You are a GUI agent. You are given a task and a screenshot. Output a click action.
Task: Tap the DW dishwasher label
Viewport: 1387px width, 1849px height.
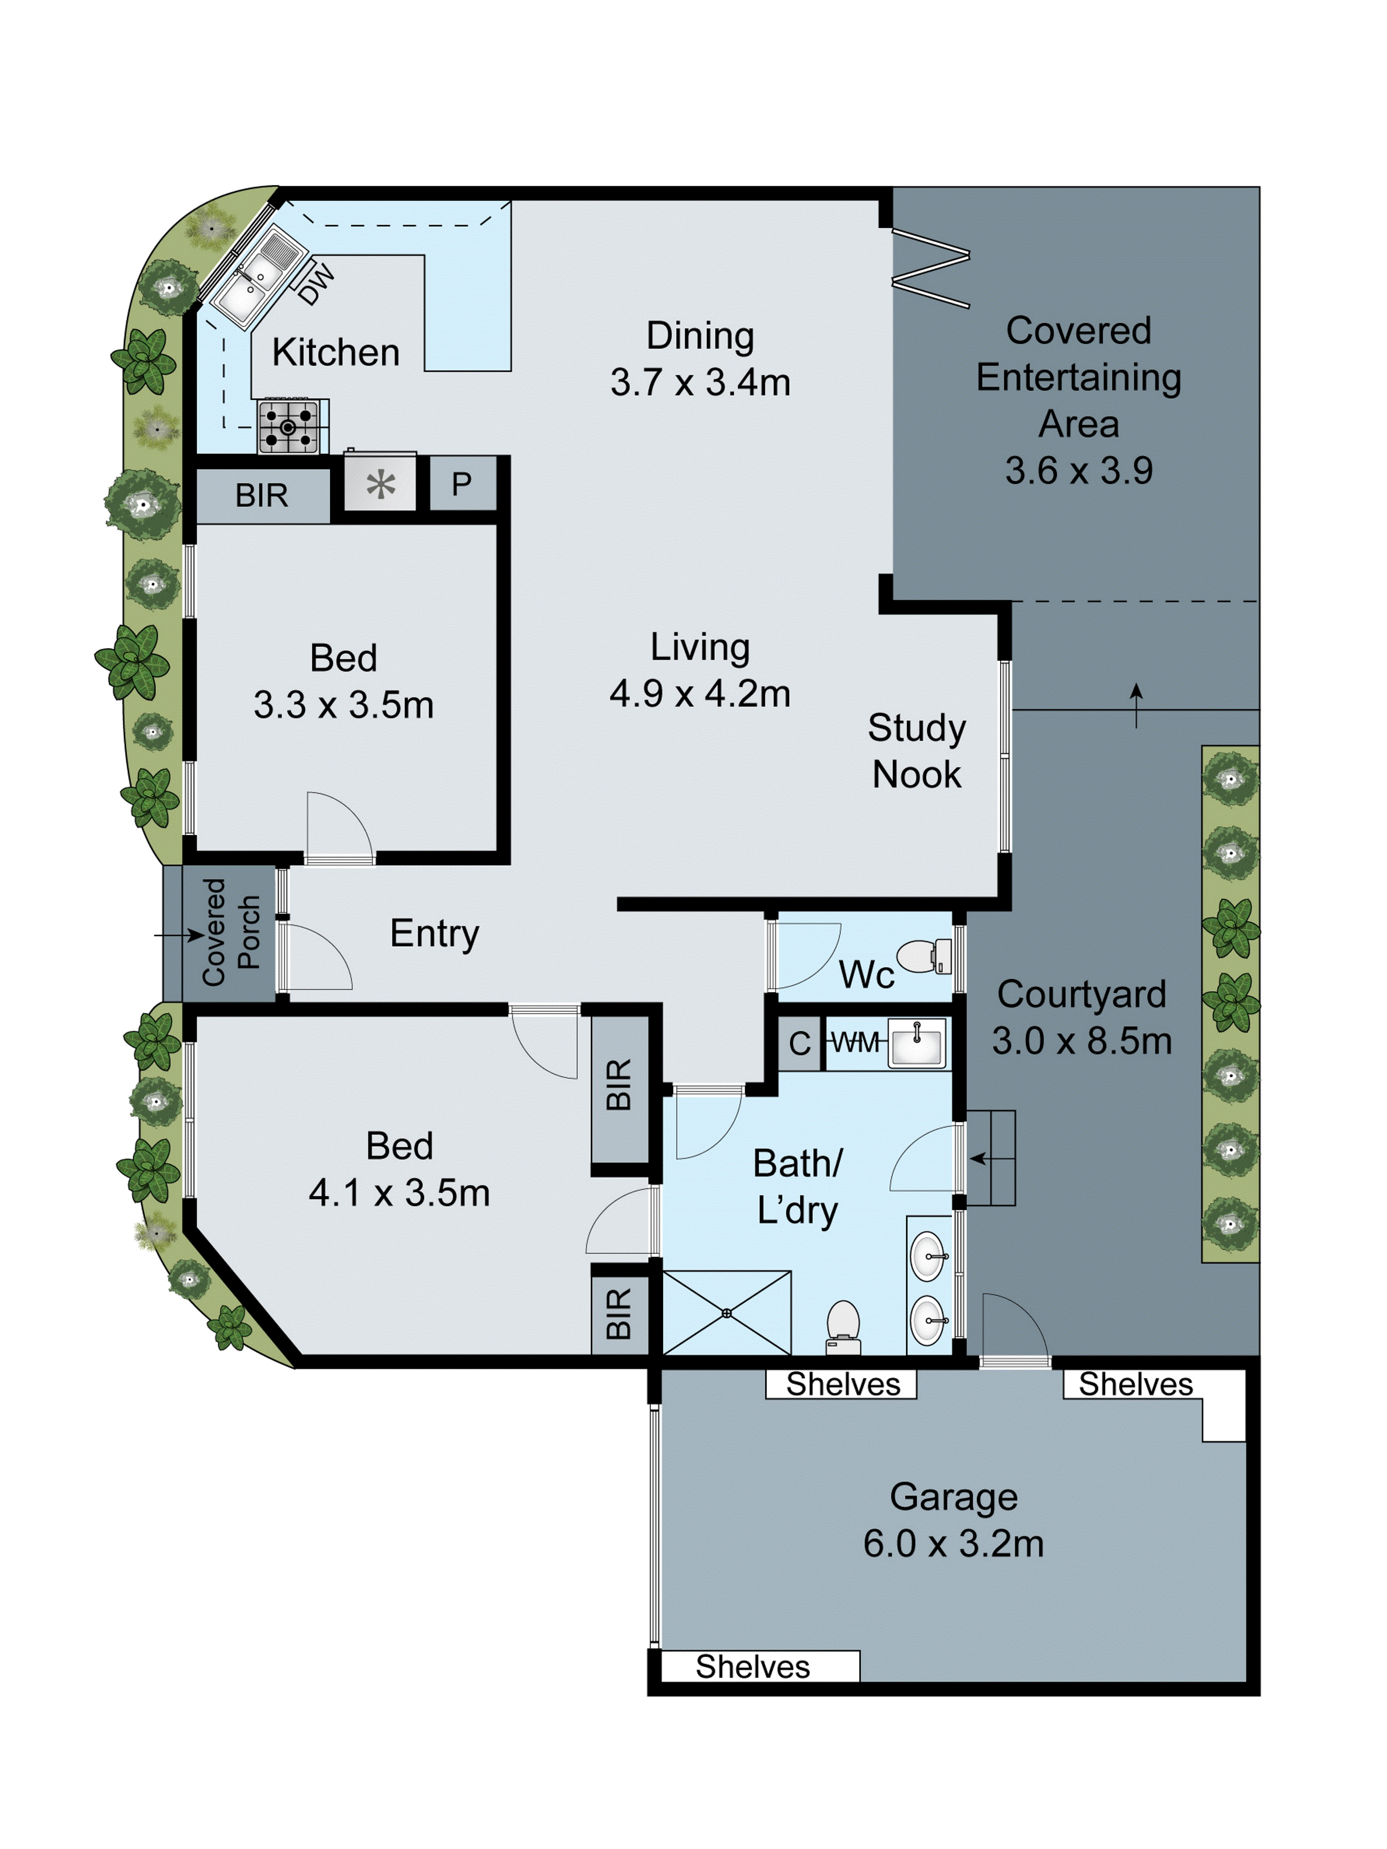click(316, 284)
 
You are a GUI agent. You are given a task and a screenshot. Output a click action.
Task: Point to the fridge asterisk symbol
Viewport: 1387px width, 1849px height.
click(381, 485)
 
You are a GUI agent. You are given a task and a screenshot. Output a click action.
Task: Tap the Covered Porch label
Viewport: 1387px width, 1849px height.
click(230, 932)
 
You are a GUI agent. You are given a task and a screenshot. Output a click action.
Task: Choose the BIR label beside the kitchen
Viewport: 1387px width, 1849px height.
click(262, 496)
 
